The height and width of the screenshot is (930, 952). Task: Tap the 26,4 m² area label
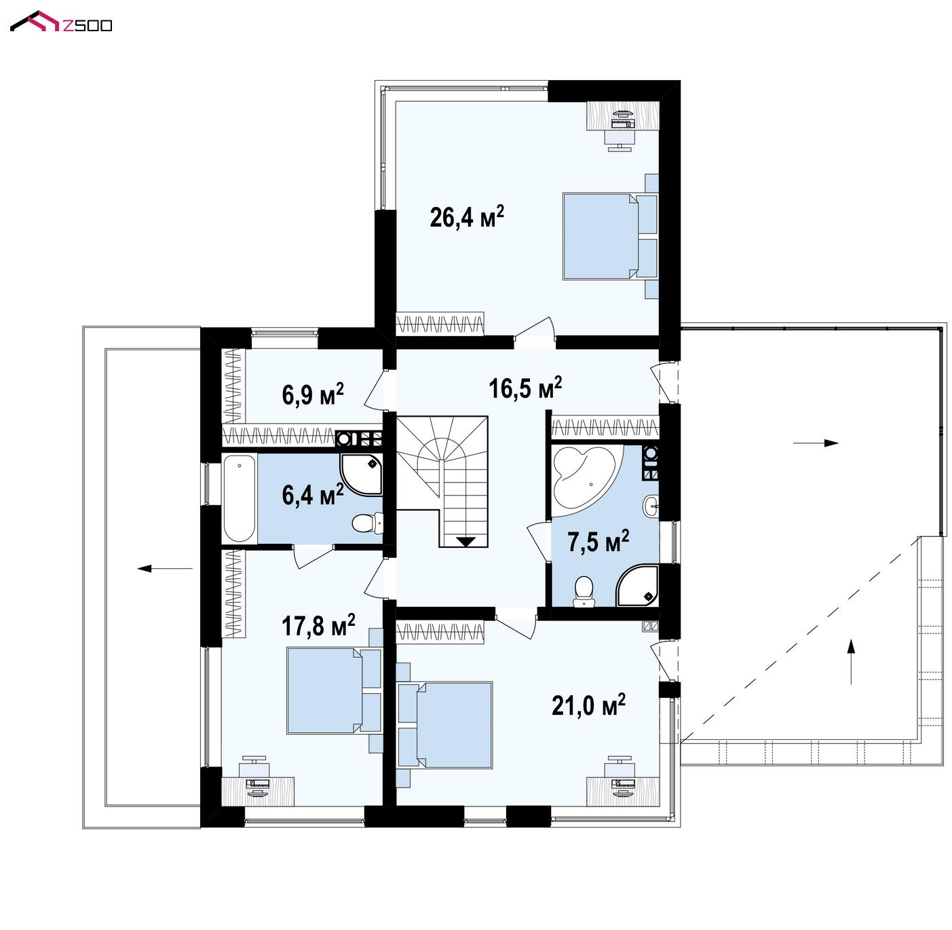click(x=467, y=217)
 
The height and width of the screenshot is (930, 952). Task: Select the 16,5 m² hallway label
click(x=525, y=388)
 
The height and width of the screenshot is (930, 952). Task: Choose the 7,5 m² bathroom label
click(x=598, y=542)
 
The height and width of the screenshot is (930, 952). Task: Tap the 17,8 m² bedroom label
click(x=318, y=625)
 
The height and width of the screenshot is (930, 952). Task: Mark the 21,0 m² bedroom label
click(x=588, y=705)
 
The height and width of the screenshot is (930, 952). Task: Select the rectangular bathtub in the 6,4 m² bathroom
click(x=240, y=498)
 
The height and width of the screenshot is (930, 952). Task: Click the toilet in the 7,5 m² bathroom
click(x=583, y=591)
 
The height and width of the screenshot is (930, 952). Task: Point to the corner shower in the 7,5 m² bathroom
click(x=637, y=585)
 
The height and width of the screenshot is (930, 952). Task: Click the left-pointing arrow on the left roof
click(x=165, y=568)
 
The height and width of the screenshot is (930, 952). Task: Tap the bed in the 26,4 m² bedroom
click(x=609, y=236)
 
